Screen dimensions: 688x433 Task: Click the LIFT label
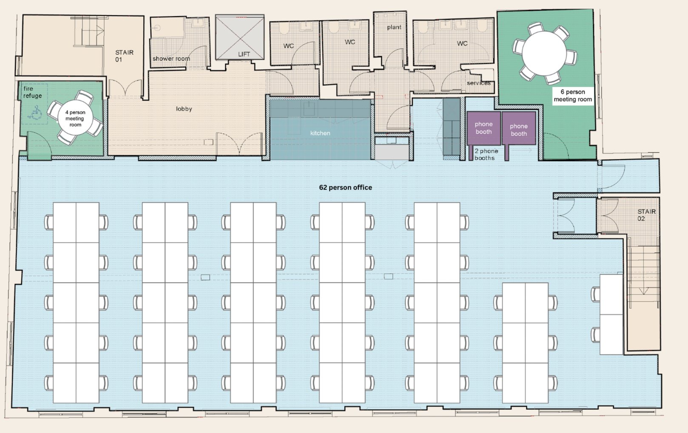point(244,54)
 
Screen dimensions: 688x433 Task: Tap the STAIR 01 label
point(124,56)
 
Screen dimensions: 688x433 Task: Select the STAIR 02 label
point(646,215)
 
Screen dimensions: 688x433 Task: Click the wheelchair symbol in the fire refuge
point(35,112)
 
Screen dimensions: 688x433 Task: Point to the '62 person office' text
point(346,188)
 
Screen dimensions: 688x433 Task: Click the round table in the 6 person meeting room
point(544,53)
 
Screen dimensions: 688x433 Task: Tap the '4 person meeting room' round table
point(75,118)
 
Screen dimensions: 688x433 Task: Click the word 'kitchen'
point(320,133)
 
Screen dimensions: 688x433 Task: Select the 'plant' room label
point(394,27)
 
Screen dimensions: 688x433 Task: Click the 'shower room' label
point(171,58)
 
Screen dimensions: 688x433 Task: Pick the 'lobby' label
point(184,109)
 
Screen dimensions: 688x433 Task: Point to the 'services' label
point(478,83)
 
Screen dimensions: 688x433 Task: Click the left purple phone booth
point(484,128)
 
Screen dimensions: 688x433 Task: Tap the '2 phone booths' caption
point(486,154)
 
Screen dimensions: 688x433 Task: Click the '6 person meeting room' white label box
point(573,96)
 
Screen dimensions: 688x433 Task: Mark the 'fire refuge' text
point(33,92)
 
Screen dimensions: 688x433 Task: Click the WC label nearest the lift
point(288,46)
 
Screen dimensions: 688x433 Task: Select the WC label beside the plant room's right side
point(462,44)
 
